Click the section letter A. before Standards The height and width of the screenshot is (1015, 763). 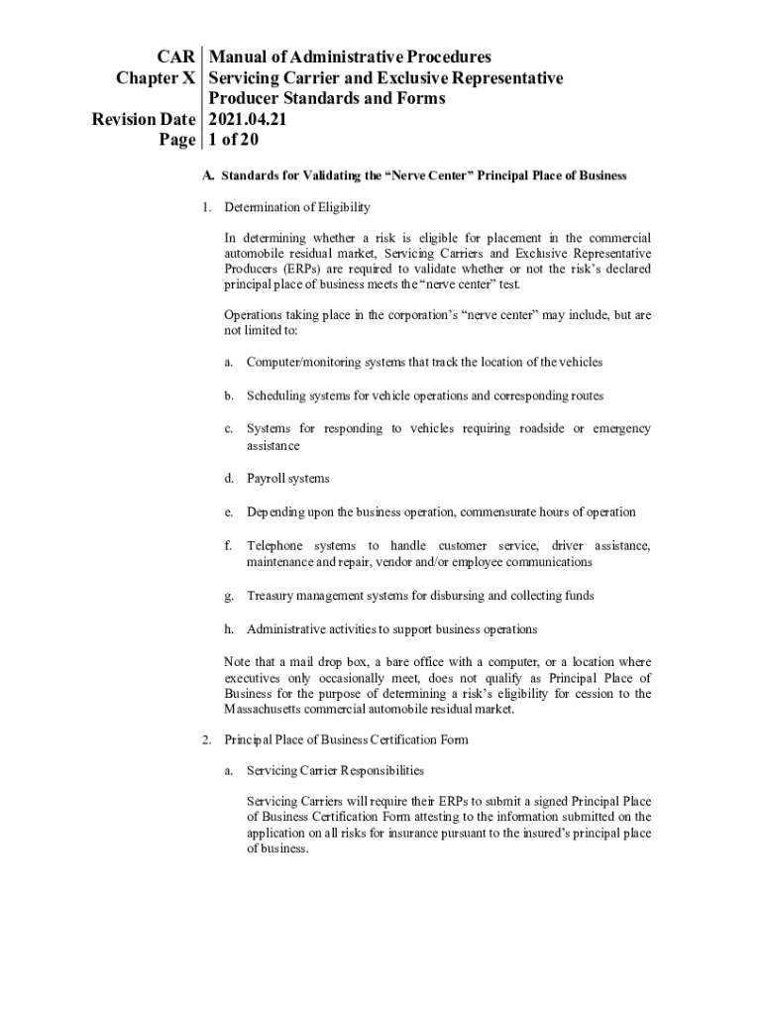coord(207,176)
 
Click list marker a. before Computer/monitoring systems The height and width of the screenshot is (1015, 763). coord(228,363)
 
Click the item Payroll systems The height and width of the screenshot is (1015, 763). coord(287,479)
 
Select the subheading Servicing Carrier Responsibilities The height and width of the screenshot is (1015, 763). coord(335,770)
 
